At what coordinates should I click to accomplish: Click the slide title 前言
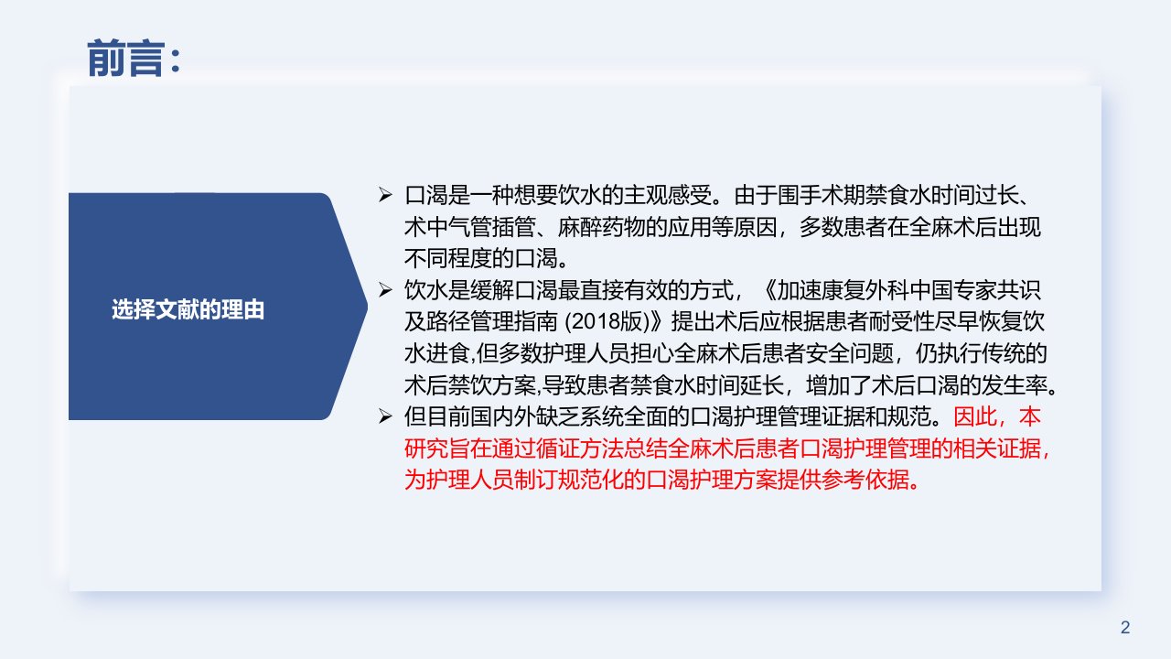125,59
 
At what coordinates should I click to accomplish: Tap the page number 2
1125,627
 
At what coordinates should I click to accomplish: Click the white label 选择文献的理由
188,309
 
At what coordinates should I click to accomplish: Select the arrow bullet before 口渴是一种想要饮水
385,195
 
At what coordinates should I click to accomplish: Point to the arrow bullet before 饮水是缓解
385,290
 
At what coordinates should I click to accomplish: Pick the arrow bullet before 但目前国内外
385,416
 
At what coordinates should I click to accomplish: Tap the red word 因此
975,416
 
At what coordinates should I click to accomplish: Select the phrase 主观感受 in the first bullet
668,196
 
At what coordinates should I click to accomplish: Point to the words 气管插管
492,227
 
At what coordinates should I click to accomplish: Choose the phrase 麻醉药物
602,227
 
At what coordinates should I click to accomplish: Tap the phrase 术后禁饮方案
470,385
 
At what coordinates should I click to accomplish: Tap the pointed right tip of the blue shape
367,307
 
